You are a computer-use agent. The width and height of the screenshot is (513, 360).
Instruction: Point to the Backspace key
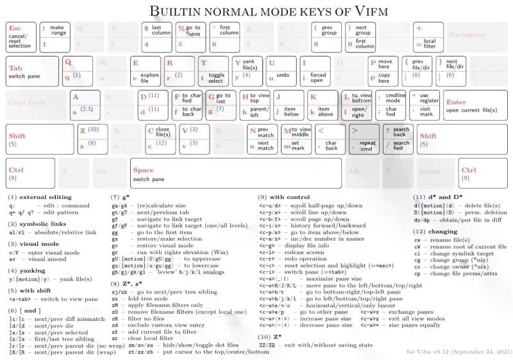pyautogui.click(x=475, y=37)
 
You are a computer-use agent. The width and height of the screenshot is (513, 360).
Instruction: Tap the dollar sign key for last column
pyautogui.click(x=158, y=37)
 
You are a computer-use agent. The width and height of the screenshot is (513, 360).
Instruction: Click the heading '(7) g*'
pyautogui.click(x=120, y=196)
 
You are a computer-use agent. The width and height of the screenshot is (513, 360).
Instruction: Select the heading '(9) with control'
pyautogui.click(x=285, y=196)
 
